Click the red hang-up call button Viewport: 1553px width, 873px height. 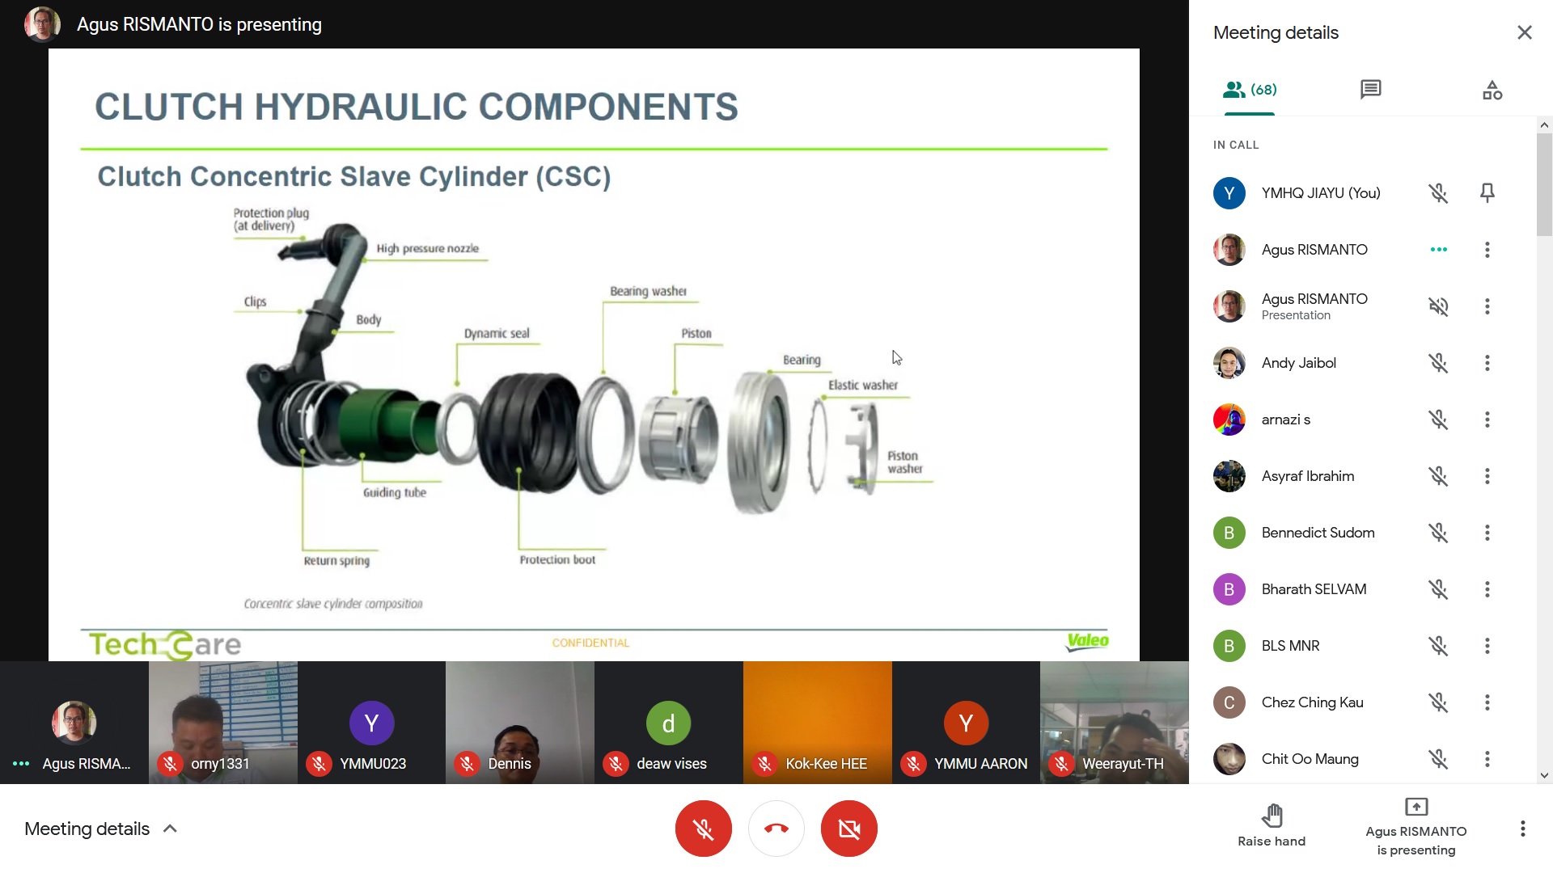tap(776, 829)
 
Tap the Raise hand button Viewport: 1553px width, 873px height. tap(1272, 825)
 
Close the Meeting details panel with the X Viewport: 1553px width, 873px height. tap(1525, 32)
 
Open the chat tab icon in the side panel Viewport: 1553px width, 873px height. tap(1371, 89)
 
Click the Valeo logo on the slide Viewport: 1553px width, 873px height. tap(1088, 642)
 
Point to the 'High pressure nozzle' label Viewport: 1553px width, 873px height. tap(427, 248)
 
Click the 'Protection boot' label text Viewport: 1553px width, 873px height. tap(557, 559)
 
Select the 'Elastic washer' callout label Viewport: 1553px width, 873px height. tap(863, 385)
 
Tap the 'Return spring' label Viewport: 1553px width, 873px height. tap(336, 560)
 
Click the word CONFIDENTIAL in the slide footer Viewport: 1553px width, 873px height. tap(590, 643)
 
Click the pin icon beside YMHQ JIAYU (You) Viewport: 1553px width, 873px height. tap(1487, 193)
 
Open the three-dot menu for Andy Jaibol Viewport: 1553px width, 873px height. tap(1487, 363)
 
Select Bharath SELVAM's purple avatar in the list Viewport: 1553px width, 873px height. tap(1229, 589)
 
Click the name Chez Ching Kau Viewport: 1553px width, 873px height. tap(1313, 702)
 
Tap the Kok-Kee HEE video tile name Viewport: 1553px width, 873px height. tap(826, 764)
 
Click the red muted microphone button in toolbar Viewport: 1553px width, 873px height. tap(704, 829)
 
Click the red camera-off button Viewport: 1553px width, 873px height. tap(849, 829)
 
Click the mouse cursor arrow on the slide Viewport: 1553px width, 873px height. tap(896, 357)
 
